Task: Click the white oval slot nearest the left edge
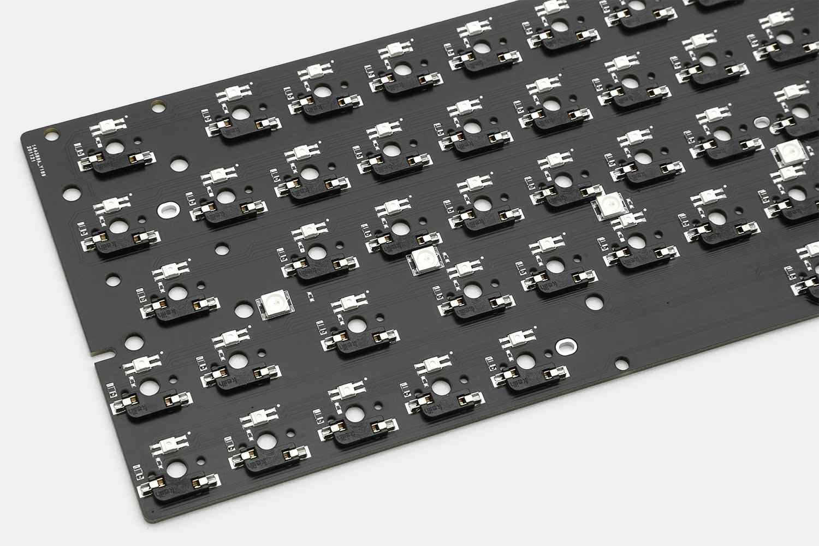pos(167,209)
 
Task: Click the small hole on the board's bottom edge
pos(621,361)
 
